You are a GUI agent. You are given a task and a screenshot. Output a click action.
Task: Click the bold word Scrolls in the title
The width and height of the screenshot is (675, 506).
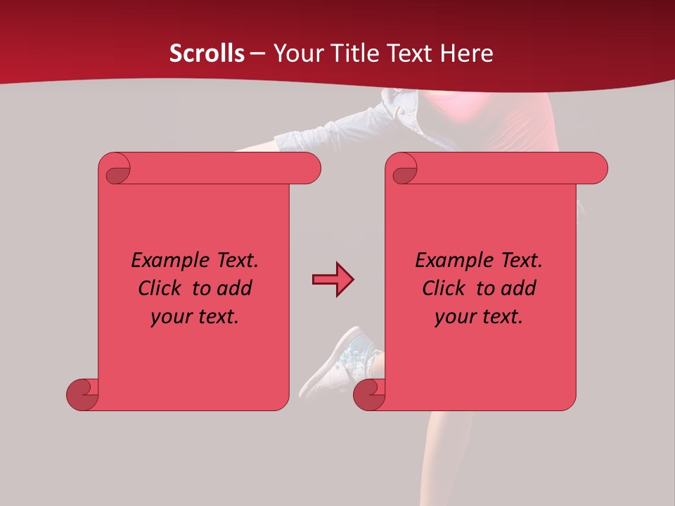coord(207,53)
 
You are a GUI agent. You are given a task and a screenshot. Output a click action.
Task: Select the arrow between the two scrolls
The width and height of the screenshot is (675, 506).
coord(333,280)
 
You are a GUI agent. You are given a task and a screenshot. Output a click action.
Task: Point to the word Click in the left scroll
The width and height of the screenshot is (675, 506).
coord(160,289)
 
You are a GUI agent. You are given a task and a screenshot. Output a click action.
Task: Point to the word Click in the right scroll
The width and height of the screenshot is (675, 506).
coord(444,289)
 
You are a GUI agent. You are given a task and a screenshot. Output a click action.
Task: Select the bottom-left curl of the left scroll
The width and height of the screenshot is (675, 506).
coord(82,394)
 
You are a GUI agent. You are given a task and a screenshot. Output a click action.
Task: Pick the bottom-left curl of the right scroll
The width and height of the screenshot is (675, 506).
coord(369,394)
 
